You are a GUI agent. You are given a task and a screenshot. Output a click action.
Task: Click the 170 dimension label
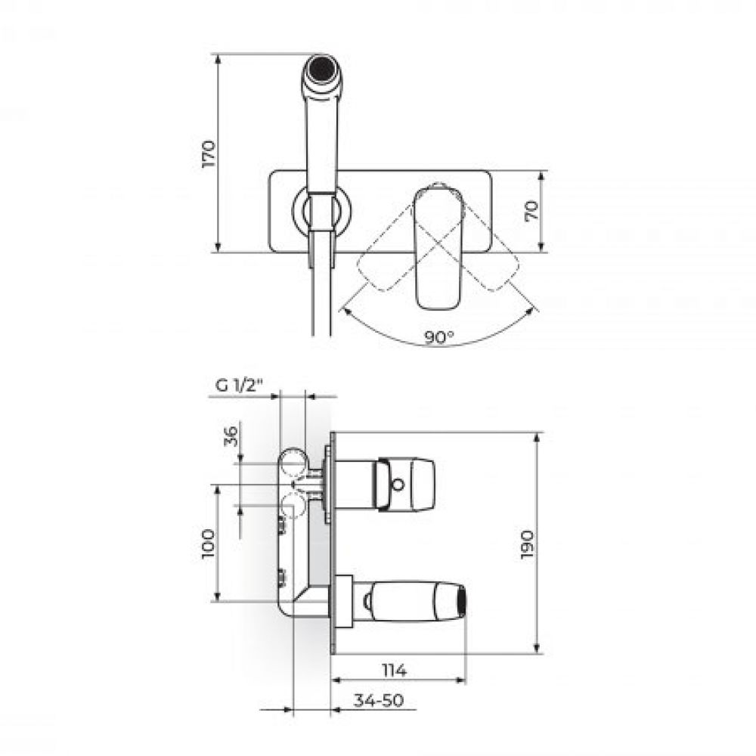pyautogui.click(x=209, y=153)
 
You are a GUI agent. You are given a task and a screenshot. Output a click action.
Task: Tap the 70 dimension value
pyautogui.click(x=531, y=211)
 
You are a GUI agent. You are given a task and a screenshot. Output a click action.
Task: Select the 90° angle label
pyautogui.click(x=439, y=337)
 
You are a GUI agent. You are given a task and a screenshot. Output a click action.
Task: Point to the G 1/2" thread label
pyautogui.click(x=239, y=386)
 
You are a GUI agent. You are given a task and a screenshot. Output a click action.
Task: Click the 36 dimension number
pyautogui.click(x=232, y=436)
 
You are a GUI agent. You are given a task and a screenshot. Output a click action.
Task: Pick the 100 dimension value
pyautogui.click(x=208, y=544)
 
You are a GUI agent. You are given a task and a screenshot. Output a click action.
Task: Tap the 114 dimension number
pyautogui.click(x=395, y=670)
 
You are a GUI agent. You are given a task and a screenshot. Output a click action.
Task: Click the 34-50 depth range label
pyautogui.click(x=379, y=700)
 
